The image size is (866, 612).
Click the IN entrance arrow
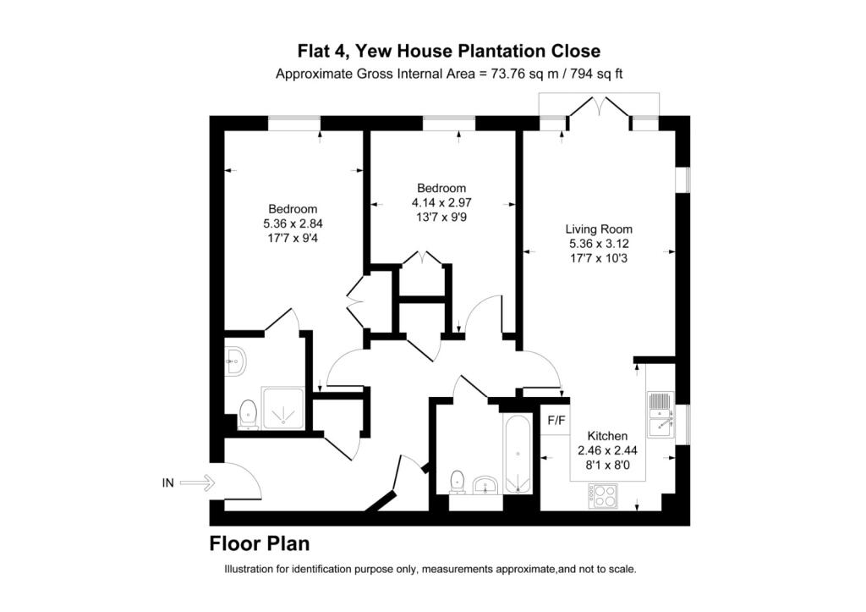point(197,483)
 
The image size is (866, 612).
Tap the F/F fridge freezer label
point(556,421)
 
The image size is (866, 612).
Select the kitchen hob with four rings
point(603,496)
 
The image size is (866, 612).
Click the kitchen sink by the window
point(660,415)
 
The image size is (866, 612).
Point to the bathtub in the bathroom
point(518,455)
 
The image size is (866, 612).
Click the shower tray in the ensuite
point(283,409)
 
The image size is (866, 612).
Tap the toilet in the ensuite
point(249,415)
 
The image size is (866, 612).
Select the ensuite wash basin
point(235,361)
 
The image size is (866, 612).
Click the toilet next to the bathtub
point(458,482)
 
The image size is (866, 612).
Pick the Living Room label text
point(599,229)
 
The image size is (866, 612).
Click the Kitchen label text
point(607,436)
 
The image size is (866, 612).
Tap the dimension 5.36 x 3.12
point(600,244)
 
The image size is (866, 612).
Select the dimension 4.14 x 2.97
point(441,203)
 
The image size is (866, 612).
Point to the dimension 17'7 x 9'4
point(293,239)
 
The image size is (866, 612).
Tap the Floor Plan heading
point(259,543)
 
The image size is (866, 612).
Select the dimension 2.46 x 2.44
point(607,450)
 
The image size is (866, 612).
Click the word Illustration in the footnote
point(248,569)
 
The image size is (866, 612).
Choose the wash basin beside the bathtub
point(486,485)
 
